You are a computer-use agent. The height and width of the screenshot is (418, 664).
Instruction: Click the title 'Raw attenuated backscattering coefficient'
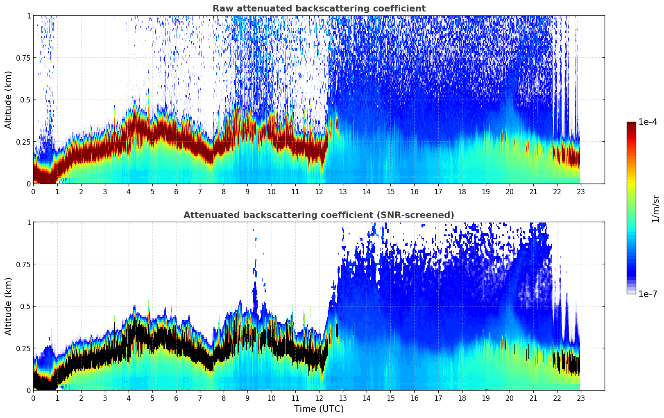(319, 9)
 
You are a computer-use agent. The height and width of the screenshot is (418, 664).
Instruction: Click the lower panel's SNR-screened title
(319, 215)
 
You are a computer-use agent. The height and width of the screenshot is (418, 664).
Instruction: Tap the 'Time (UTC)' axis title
(319, 409)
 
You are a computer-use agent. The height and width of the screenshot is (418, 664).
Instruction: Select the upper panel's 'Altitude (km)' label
(9, 100)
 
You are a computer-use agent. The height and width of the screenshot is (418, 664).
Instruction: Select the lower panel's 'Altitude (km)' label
(9, 306)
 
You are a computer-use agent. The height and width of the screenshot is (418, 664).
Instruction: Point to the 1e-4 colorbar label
(648, 122)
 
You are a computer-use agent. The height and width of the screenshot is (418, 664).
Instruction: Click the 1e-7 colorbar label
(648, 294)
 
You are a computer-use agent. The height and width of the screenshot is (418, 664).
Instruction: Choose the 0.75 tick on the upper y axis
(23, 58)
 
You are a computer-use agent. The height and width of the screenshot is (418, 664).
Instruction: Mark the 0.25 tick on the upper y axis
(23, 142)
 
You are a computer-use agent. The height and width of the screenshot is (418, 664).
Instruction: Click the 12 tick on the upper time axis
(319, 192)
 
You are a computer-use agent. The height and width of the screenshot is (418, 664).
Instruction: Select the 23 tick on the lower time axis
(581, 398)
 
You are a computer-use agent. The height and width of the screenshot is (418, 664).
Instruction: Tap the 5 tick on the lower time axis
(152, 398)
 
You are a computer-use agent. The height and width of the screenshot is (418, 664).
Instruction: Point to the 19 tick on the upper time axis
(485, 192)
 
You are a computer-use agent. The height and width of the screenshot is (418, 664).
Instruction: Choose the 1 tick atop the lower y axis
(29, 222)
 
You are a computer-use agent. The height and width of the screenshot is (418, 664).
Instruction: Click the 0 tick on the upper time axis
(33, 192)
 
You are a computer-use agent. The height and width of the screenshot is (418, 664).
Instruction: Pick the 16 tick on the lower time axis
(414, 398)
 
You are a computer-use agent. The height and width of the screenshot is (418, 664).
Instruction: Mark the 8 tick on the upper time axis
(224, 192)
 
